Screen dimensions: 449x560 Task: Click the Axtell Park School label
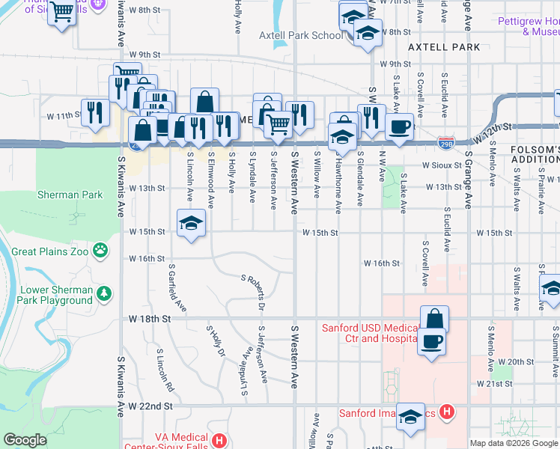tap(300, 35)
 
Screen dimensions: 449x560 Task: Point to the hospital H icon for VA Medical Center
tap(219, 440)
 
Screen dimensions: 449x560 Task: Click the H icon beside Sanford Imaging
tap(447, 412)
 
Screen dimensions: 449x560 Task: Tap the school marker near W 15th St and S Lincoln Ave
tap(191, 223)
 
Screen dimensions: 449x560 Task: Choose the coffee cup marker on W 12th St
tap(399, 126)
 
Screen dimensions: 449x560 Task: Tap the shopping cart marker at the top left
tap(61, 10)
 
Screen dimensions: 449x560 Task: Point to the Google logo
tap(25, 439)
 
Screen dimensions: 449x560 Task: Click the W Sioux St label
tap(442, 165)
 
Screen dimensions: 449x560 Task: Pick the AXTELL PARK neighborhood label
tap(444, 47)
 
